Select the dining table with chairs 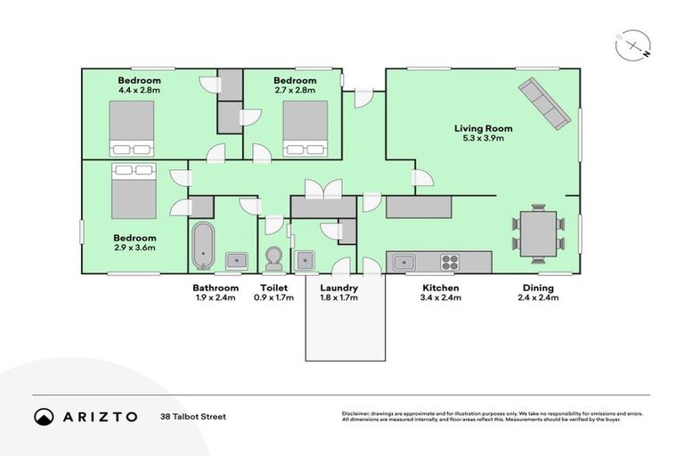click(539, 233)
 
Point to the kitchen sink click(403, 262)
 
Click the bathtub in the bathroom click(203, 245)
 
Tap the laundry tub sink click(305, 261)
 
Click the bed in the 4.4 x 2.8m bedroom click(132, 128)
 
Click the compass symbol click(631, 45)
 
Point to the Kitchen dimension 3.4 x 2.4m click(441, 297)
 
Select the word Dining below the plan click(538, 288)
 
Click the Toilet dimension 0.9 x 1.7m click(273, 297)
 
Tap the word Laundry click(338, 288)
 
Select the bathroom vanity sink click(236, 261)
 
